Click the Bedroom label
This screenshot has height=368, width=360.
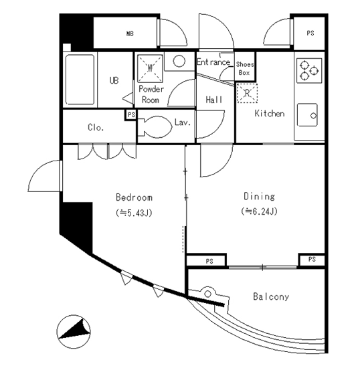[x=134, y=197]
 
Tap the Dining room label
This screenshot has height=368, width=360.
[x=260, y=197]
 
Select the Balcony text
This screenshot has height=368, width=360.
[x=271, y=296]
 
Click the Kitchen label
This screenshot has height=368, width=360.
[x=270, y=114]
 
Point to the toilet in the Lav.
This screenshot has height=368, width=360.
[x=155, y=127]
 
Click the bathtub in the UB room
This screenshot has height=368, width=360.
[x=80, y=80]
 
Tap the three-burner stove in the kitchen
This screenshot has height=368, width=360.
[x=309, y=70]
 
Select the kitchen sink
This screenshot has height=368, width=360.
[x=307, y=115]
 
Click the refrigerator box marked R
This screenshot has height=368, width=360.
[x=247, y=93]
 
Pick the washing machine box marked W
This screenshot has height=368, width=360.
[x=150, y=68]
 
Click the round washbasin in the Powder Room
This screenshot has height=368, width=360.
[x=179, y=62]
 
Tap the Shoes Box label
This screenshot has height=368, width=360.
[x=245, y=68]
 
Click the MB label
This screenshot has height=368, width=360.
[x=130, y=34]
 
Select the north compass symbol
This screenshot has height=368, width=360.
[x=74, y=332]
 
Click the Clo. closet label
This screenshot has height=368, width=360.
[x=96, y=127]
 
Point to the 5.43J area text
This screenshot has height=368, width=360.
[x=134, y=213]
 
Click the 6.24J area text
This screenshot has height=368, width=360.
[x=260, y=211]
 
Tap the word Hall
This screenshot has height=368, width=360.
[x=214, y=100]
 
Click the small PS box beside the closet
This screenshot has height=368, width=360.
[x=131, y=115]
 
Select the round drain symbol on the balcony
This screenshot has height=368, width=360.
[x=207, y=294]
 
